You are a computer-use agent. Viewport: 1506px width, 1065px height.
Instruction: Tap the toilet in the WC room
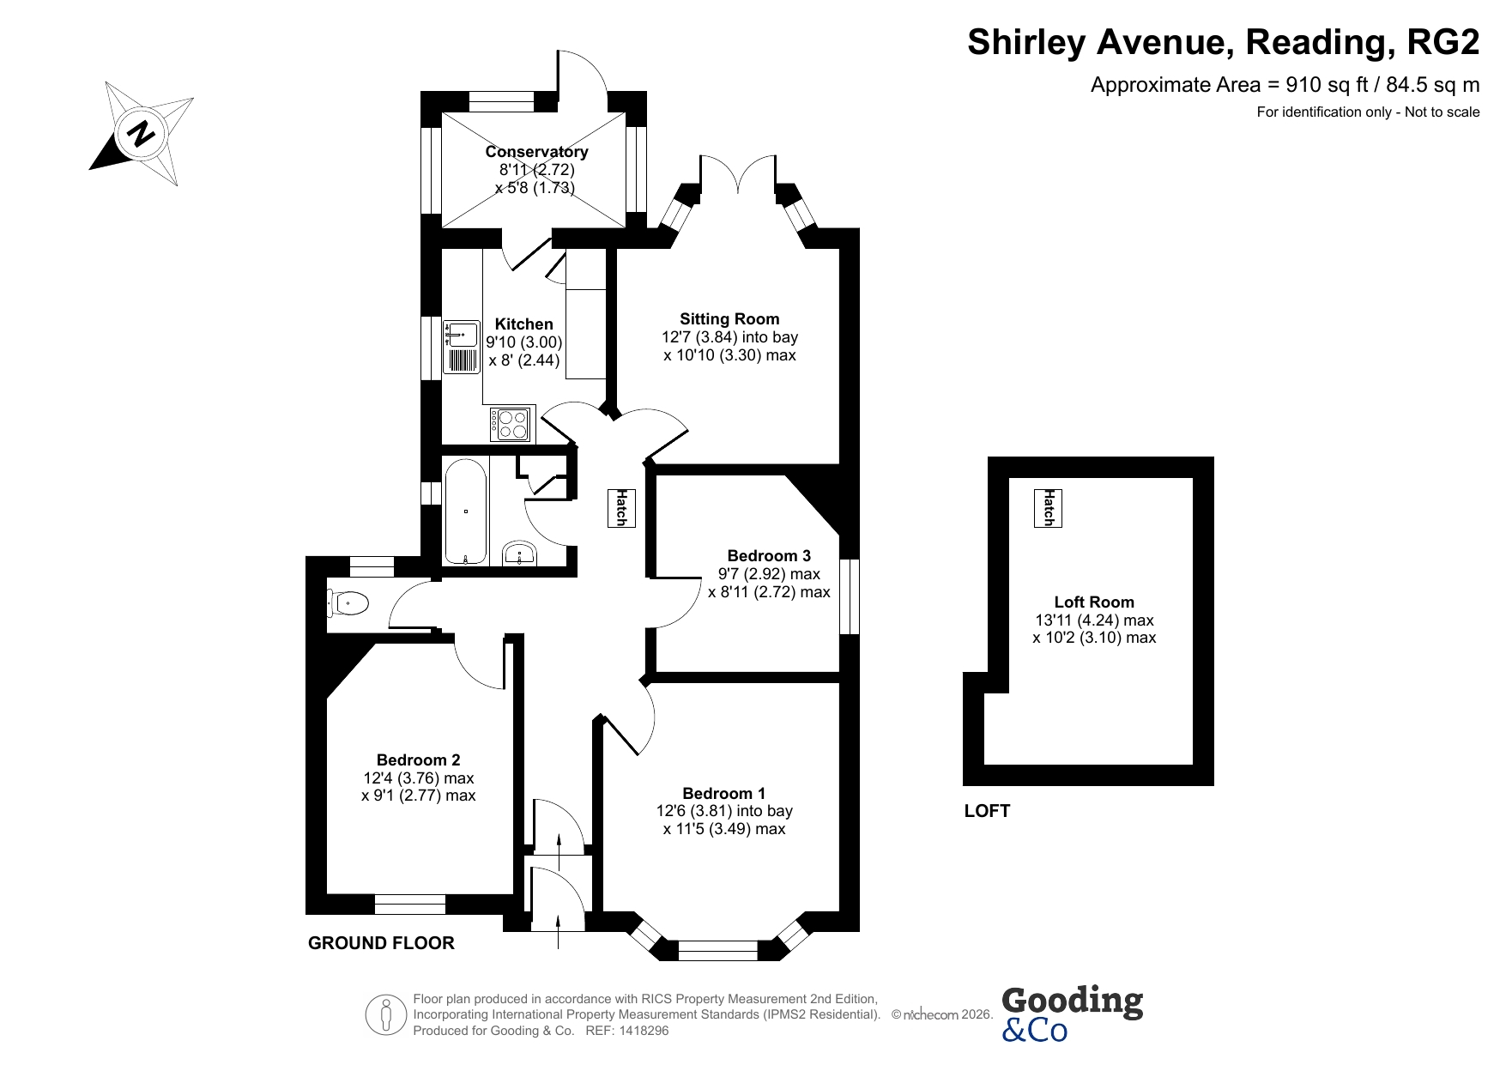(348, 603)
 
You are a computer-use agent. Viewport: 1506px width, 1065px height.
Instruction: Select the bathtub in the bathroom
(466, 511)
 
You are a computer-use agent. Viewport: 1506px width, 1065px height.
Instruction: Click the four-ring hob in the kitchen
(511, 424)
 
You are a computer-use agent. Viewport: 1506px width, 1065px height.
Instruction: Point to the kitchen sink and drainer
(461, 347)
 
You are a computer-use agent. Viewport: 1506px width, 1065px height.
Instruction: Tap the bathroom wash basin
(519, 554)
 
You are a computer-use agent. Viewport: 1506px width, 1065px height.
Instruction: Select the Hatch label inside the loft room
(1048, 507)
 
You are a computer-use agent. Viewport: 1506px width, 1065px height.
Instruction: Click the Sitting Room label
(729, 319)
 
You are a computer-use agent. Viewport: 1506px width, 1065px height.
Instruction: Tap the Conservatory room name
(536, 152)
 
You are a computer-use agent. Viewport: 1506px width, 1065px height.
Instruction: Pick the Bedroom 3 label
(769, 555)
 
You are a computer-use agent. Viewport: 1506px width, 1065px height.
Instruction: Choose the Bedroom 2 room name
(419, 759)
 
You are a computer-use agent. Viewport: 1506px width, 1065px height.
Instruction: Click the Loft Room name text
(1094, 602)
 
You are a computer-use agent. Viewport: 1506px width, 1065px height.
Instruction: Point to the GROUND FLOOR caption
(381, 943)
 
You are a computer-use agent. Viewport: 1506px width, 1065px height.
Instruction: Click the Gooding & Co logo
(1072, 1014)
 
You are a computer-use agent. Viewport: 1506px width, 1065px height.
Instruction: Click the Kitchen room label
(524, 324)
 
